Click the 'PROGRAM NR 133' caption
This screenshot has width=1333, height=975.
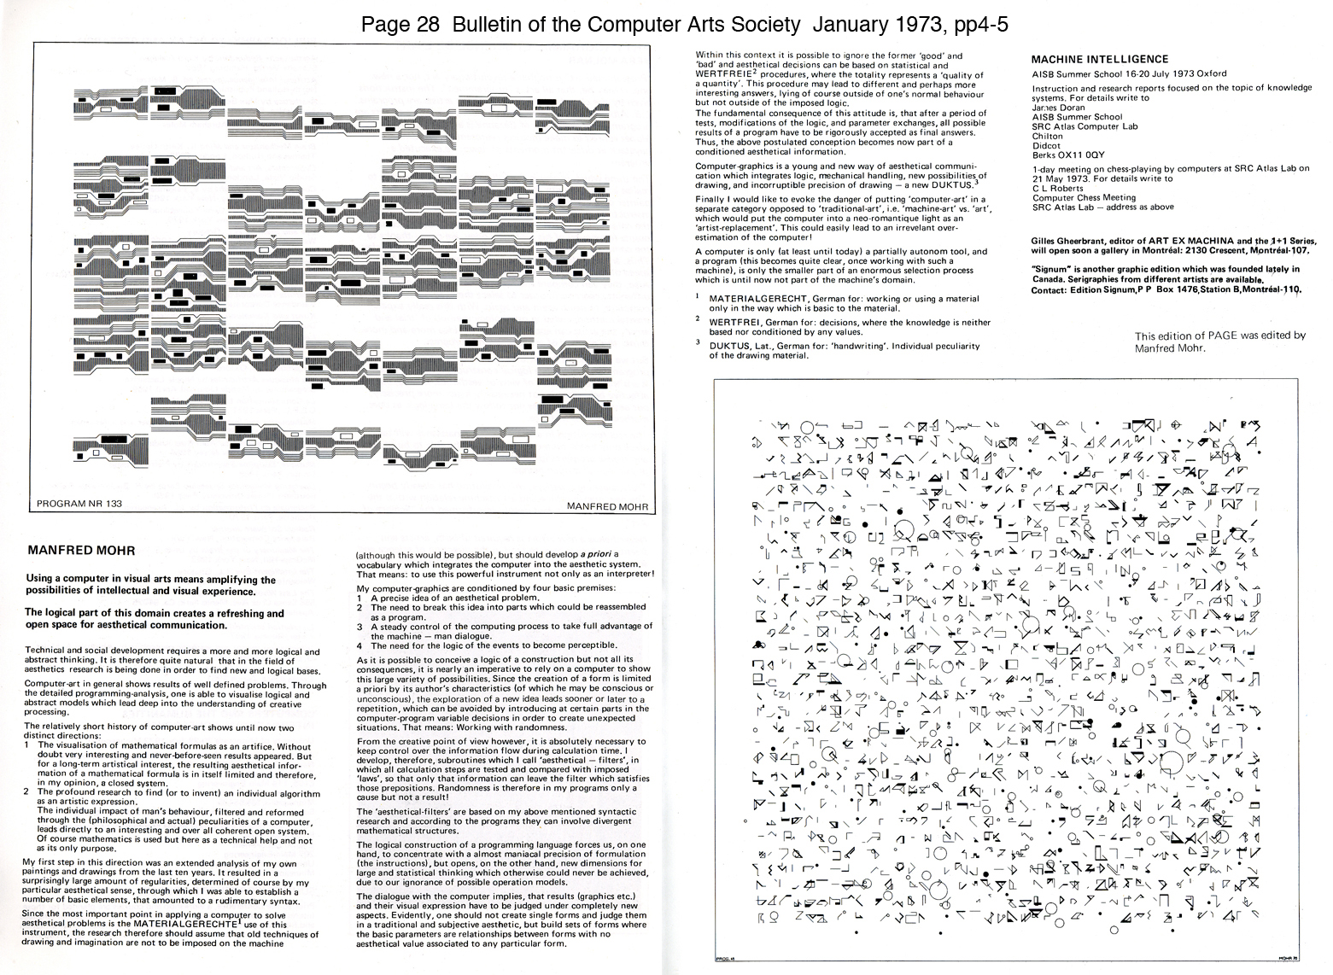[80, 504]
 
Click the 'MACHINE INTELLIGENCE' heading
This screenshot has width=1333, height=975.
[1100, 59]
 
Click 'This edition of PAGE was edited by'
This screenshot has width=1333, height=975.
[1220, 336]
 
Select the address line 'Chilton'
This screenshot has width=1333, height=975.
[1047, 136]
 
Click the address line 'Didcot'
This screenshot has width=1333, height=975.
[1046, 145]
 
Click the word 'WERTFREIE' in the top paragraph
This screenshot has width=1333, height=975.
[726, 74]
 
